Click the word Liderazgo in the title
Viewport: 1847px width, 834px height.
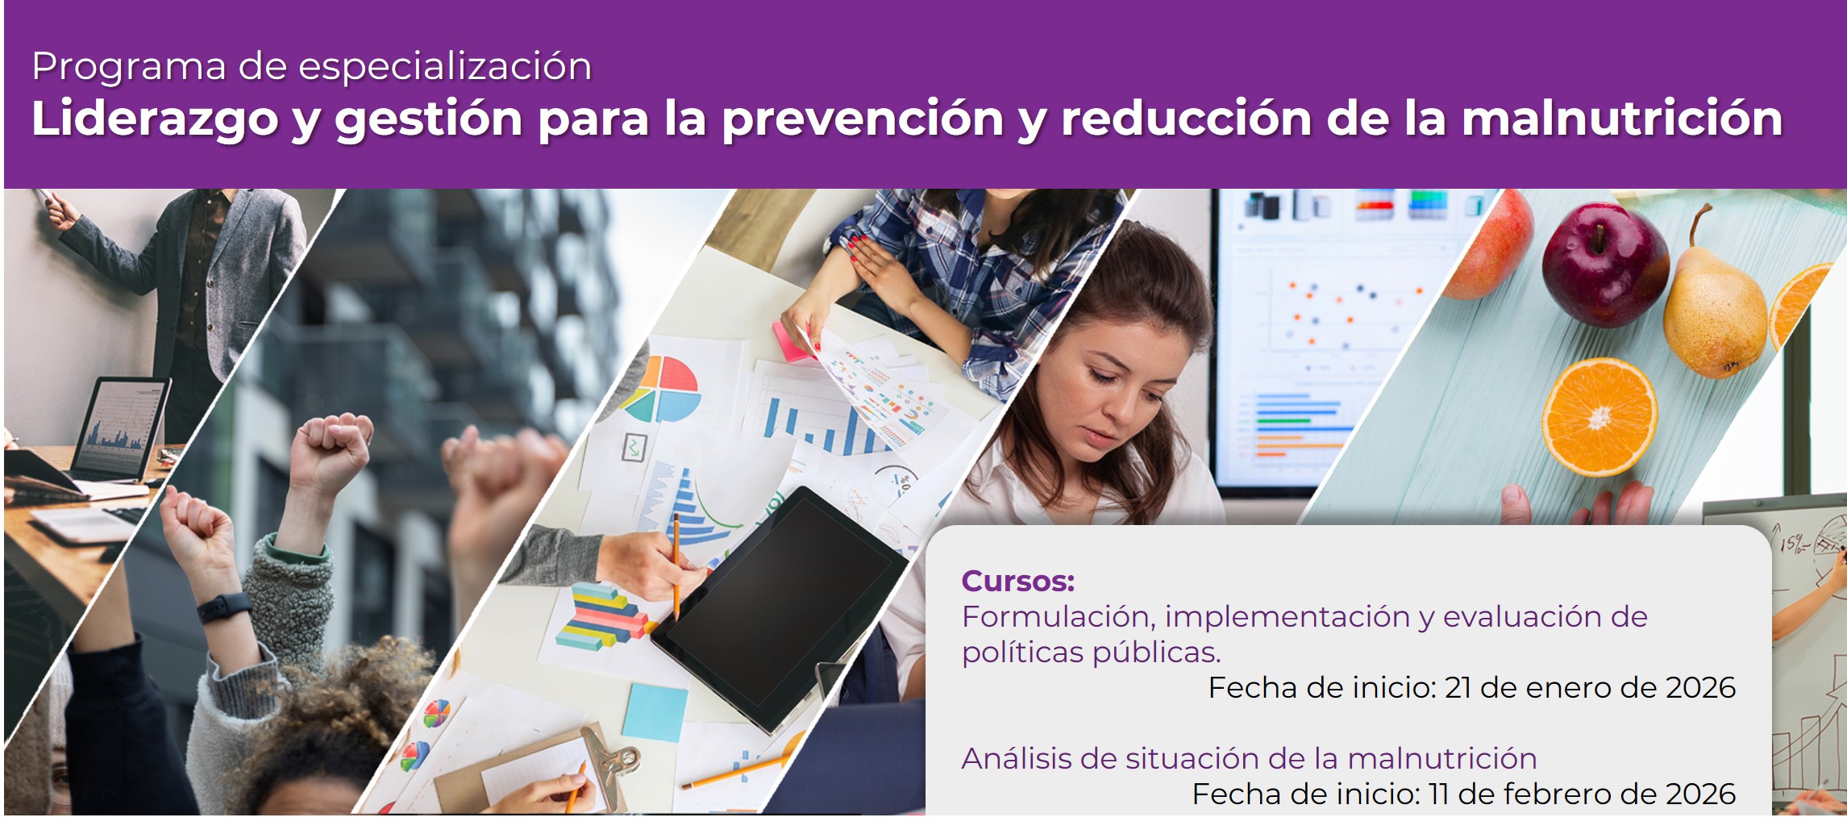pyautogui.click(x=153, y=119)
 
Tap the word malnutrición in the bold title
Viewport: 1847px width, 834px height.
pyautogui.click(x=1621, y=119)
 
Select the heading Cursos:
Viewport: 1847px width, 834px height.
pyautogui.click(x=1017, y=581)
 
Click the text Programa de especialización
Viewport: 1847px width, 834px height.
pyautogui.click(x=312, y=66)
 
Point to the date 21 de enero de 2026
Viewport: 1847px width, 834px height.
pyautogui.click(x=1590, y=687)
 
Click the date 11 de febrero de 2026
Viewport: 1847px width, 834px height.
pyautogui.click(x=1582, y=794)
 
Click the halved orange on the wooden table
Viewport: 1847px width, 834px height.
pyautogui.click(x=1599, y=416)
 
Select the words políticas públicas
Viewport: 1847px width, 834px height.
pyautogui.click(x=1091, y=652)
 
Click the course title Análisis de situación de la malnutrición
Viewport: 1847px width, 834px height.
pyautogui.click(x=1249, y=758)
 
